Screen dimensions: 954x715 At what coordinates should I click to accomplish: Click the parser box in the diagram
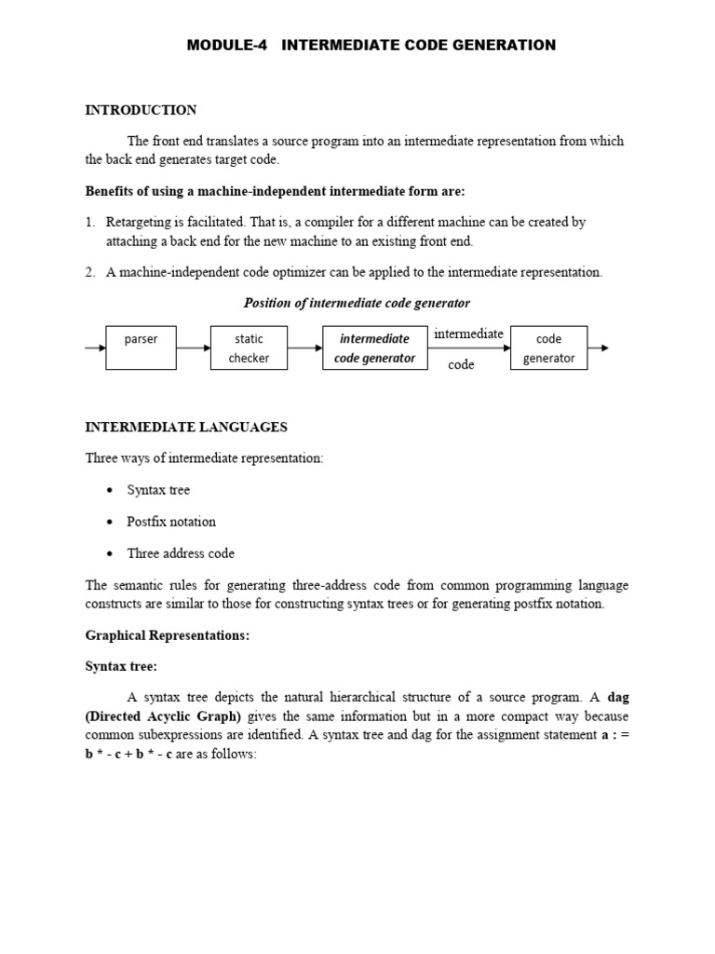pyautogui.click(x=142, y=348)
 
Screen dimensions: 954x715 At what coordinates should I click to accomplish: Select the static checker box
pyautogui.click(x=249, y=348)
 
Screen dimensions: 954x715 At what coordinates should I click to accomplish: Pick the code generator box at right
pyautogui.click(x=548, y=348)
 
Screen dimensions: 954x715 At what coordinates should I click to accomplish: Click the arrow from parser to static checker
pyautogui.click(x=193, y=348)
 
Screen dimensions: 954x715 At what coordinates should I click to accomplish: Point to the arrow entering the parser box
pyautogui.click(x=95, y=348)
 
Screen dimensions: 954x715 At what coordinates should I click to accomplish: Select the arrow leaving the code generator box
pyautogui.click(x=599, y=348)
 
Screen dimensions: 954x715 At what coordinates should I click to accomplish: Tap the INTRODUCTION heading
pyautogui.click(x=141, y=110)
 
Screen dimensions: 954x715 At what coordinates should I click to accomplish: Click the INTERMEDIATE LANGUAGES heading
pyautogui.click(x=186, y=427)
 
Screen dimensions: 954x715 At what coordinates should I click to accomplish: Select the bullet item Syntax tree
pyautogui.click(x=158, y=490)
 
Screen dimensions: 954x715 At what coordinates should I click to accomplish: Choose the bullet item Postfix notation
pyautogui.click(x=171, y=522)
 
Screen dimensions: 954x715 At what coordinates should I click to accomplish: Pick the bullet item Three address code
pyautogui.click(x=181, y=553)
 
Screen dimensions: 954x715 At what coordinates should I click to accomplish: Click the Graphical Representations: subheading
pyautogui.click(x=168, y=635)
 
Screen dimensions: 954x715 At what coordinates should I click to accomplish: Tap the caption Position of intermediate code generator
pyautogui.click(x=357, y=303)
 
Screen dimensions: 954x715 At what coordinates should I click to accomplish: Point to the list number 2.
pyautogui.click(x=89, y=272)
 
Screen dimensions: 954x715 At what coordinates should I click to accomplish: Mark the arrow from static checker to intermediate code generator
pyautogui.click(x=304, y=348)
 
